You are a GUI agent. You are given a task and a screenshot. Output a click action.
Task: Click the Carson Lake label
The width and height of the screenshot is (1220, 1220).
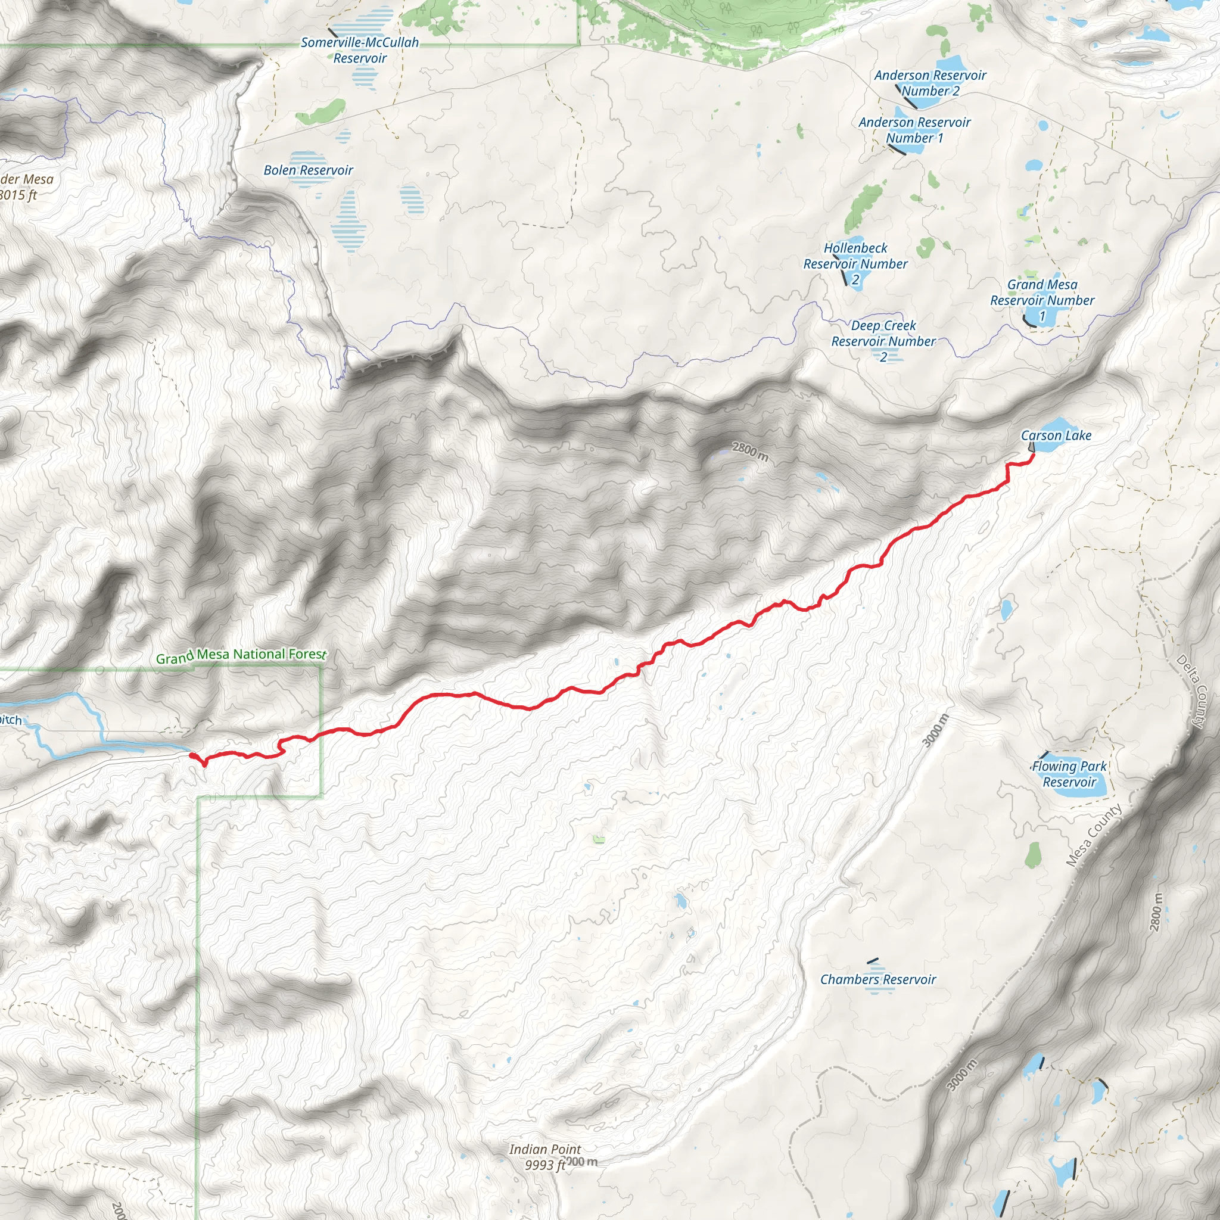(1056, 435)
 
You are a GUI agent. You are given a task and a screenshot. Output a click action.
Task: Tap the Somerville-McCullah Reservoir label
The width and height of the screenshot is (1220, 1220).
(359, 51)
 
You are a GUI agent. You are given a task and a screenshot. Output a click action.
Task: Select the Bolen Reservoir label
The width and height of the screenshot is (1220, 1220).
(308, 170)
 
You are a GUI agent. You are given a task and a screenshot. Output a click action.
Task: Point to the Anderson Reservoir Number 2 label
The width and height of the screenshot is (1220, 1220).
(929, 83)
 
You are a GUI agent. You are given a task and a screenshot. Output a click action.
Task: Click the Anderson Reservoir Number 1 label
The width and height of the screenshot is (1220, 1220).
(914, 130)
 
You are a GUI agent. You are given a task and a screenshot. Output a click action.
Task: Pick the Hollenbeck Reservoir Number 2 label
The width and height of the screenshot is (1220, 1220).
(855, 263)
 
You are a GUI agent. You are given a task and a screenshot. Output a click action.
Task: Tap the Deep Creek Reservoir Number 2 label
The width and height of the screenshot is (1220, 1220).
(883, 341)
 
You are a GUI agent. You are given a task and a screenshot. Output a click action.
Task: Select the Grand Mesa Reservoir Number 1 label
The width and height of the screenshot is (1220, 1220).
(1042, 300)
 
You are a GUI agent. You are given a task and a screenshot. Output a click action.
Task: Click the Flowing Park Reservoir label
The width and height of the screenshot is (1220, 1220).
(1069, 774)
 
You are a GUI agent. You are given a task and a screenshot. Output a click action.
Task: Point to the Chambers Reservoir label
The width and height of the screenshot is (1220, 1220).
(877, 979)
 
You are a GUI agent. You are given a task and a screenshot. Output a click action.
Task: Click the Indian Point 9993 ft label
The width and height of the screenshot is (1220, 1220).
(544, 1157)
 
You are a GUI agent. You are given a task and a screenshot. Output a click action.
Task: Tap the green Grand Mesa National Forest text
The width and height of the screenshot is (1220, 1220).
(241, 655)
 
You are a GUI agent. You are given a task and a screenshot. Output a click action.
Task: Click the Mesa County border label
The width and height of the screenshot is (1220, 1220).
(1094, 835)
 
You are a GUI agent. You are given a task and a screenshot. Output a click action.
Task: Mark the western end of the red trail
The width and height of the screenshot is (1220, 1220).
(192, 755)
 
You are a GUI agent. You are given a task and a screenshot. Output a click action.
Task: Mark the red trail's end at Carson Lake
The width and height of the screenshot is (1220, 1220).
(1032, 454)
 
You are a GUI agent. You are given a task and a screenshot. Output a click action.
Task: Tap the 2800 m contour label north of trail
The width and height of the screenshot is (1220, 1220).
(749, 451)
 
